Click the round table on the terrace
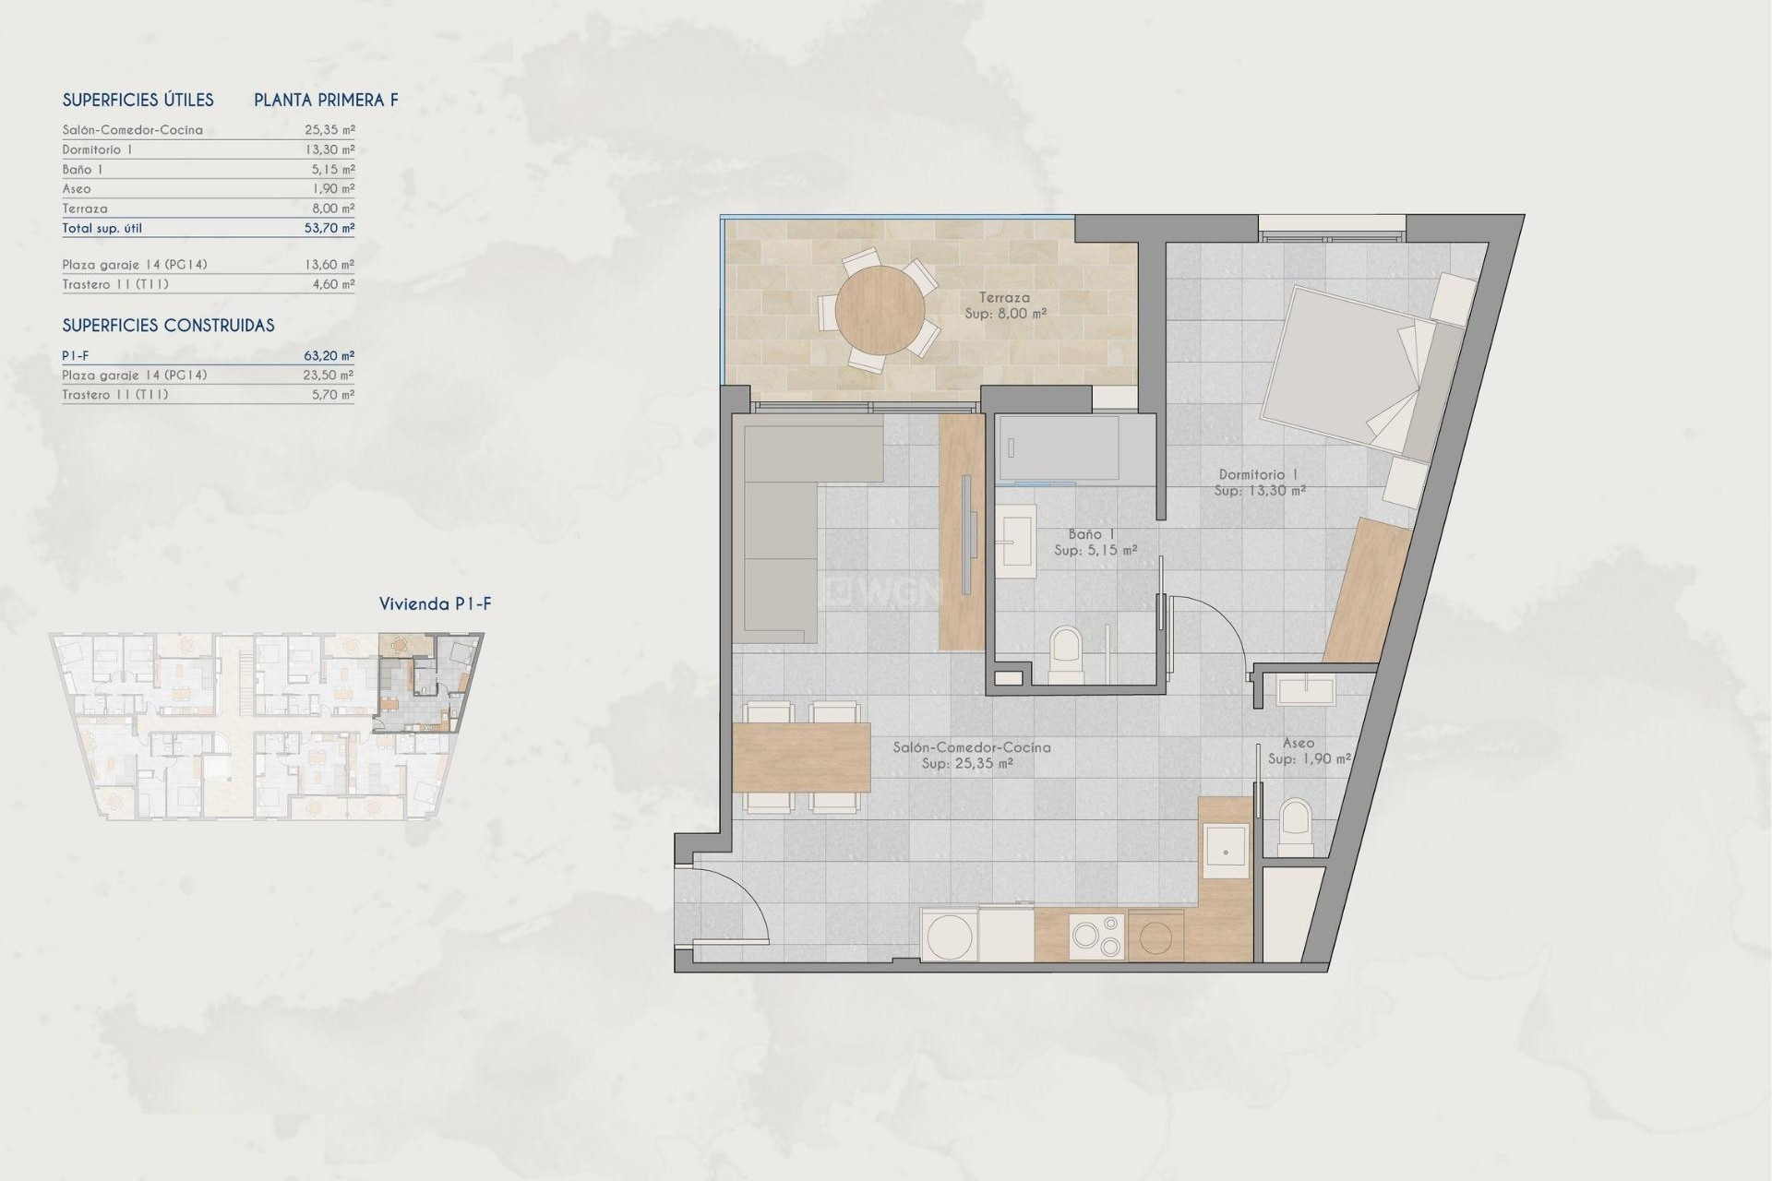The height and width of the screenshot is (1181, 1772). (880, 310)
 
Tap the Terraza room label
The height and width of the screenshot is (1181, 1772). (1004, 298)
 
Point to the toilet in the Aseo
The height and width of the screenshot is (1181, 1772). (1296, 825)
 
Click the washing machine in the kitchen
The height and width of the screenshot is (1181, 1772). (950, 936)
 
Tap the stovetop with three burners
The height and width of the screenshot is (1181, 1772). (1096, 936)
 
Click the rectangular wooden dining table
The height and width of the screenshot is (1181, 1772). (801, 758)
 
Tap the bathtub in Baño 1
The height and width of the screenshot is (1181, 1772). (1058, 449)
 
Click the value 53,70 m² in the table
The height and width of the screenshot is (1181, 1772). (329, 228)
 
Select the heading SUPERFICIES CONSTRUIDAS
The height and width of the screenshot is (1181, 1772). (168, 326)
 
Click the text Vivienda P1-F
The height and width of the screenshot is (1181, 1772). (435, 604)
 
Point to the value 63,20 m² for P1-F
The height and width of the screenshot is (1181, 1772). (329, 355)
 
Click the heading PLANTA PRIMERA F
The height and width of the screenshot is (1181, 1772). (326, 101)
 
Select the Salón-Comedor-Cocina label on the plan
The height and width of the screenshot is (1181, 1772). (971, 747)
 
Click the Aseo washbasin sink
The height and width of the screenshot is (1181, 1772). (1306, 690)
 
